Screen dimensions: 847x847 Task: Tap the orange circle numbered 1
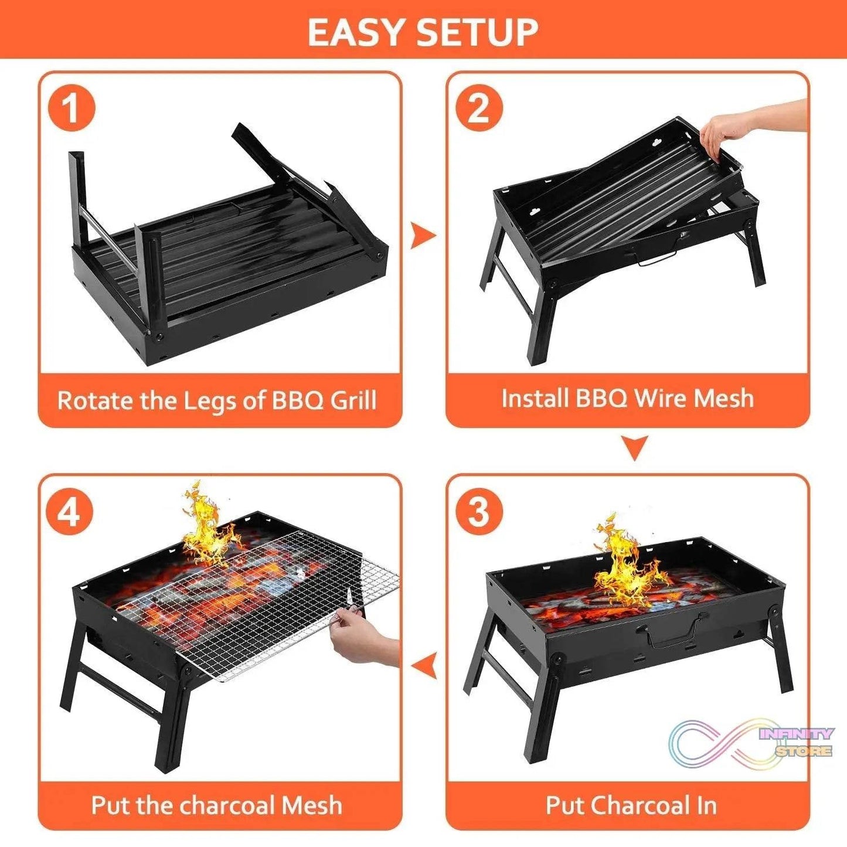coord(72,108)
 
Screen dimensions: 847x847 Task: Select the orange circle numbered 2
coord(479,108)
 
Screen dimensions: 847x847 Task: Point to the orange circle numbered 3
coord(479,510)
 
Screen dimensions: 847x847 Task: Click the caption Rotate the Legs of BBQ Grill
coord(217,400)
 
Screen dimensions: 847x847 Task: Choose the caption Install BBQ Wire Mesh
coord(627,398)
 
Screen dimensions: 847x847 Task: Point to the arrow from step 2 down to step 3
coord(634,447)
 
